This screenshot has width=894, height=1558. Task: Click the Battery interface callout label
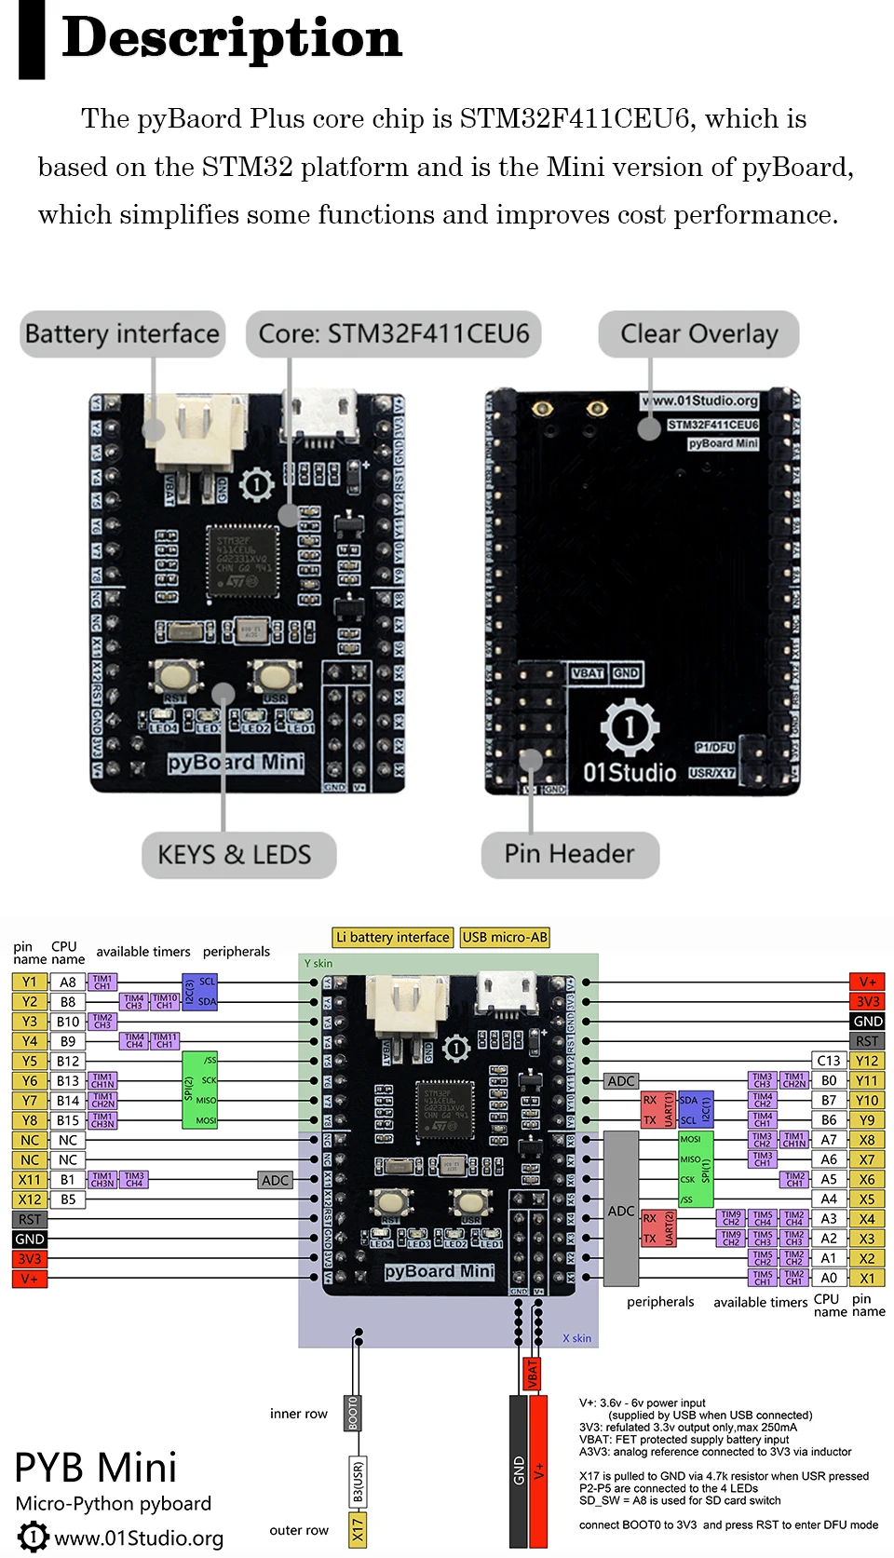[x=122, y=333]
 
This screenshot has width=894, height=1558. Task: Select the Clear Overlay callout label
[x=698, y=333]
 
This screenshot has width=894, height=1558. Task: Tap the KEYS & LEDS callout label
[x=238, y=854]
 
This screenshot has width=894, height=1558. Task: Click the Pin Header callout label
[x=570, y=854]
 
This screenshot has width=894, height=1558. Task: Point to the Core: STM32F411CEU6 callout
[x=393, y=333]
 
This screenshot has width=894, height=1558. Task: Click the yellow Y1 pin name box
[x=30, y=982]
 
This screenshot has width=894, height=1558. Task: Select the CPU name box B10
[x=68, y=1022]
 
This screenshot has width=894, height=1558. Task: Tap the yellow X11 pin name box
[x=30, y=1180]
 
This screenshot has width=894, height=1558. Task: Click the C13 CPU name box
[x=828, y=1061]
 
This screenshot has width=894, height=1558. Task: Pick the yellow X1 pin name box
[x=867, y=1279]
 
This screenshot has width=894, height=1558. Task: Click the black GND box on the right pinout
[x=867, y=1022]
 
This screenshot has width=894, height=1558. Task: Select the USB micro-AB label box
[x=505, y=937]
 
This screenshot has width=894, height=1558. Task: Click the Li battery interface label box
[x=392, y=937]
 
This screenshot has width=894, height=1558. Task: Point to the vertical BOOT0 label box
[x=353, y=1413]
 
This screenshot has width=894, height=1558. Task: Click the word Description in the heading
[x=232, y=39]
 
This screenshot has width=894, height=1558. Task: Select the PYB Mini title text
[x=96, y=1468]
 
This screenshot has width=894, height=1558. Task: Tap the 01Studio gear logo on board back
[x=630, y=725]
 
